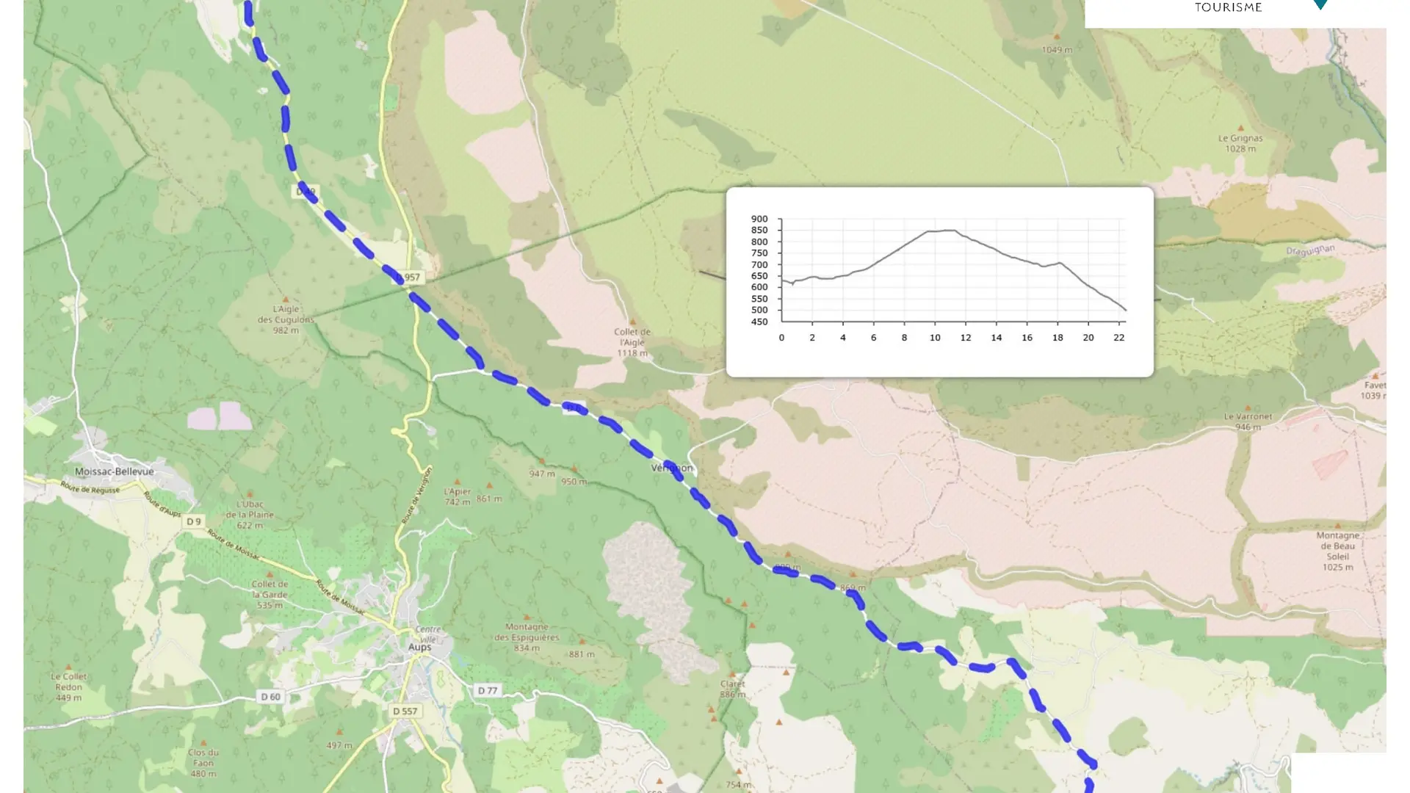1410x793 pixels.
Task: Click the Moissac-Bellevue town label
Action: pyautogui.click(x=115, y=471)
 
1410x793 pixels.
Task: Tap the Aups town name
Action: pyautogui.click(x=419, y=647)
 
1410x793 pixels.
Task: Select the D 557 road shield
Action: pyautogui.click(x=405, y=711)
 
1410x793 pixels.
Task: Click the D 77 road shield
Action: pyautogui.click(x=488, y=690)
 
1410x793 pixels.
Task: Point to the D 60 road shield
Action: pyautogui.click(x=270, y=696)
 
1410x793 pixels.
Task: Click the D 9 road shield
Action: pyautogui.click(x=193, y=521)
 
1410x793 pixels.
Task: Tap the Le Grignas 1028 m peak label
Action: pyautogui.click(x=1240, y=143)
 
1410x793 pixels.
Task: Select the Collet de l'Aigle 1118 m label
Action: pyautogui.click(x=632, y=342)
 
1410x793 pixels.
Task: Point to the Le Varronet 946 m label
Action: pyautogui.click(x=1248, y=421)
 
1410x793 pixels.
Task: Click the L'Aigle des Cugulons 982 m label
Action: pyautogui.click(x=286, y=319)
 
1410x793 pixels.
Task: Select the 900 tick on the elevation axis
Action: pyautogui.click(x=759, y=219)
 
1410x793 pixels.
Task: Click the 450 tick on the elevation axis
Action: pyautogui.click(x=759, y=322)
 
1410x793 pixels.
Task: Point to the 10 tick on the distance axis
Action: pyautogui.click(x=935, y=338)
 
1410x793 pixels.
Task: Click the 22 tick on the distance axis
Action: pyautogui.click(x=1118, y=338)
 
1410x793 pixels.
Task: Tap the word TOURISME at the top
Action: pyautogui.click(x=1228, y=7)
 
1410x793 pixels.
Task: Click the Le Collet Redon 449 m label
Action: pyautogui.click(x=69, y=687)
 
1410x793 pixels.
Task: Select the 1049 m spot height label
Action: pyautogui.click(x=1057, y=50)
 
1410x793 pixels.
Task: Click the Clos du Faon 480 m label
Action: pyautogui.click(x=203, y=763)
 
